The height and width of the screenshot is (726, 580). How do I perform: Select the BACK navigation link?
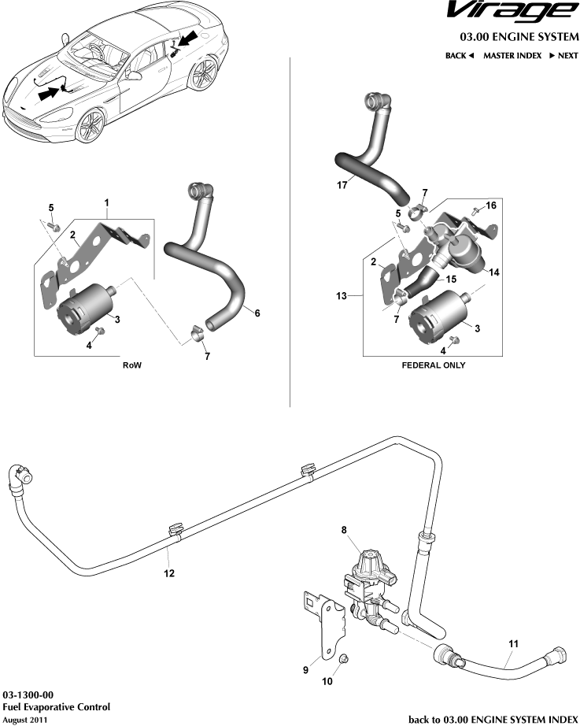pyautogui.click(x=460, y=56)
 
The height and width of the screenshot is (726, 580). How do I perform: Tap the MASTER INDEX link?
pyautogui.click(x=512, y=56)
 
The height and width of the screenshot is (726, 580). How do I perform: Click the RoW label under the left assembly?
pyautogui.click(x=132, y=366)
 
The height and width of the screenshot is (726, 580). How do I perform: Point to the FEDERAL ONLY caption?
pyautogui.click(x=434, y=365)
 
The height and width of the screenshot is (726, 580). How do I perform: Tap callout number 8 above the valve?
pyautogui.click(x=343, y=531)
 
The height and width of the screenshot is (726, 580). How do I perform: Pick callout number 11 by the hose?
pyautogui.click(x=512, y=643)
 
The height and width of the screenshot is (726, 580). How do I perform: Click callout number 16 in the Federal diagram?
pyautogui.click(x=491, y=205)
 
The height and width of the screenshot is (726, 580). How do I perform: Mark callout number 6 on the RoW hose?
pyautogui.click(x=257, y=313)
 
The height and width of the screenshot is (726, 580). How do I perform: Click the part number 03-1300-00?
pyautogui.click(x=28, y=696)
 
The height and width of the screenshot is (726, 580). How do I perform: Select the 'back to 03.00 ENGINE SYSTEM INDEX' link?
pyautogui.click(x=493, y=719)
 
